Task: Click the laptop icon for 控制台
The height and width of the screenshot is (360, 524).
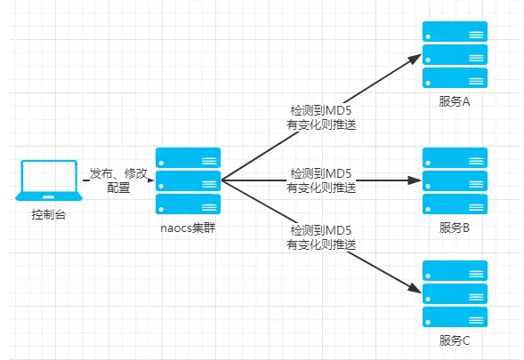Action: pos(49,180)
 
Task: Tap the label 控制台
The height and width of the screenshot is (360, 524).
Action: pos(49,214)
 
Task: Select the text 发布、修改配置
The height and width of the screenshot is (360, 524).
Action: pos(118,180)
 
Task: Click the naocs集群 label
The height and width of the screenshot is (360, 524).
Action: pos(188,228)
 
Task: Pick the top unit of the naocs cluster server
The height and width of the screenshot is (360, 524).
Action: pos(188,157)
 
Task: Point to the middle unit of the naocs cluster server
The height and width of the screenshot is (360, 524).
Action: pos(188,180)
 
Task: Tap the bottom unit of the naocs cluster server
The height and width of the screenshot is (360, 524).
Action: pos(188,204)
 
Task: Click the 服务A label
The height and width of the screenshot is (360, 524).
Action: pos(455,101)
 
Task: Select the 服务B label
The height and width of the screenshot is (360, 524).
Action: pos(455,228)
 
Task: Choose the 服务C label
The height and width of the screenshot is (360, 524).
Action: pos(455,340)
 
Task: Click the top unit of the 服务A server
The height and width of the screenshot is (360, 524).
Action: pos(455,31)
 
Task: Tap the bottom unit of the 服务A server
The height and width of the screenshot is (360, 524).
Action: pos(455,78)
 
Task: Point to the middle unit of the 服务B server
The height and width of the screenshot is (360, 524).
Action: pos(455,180)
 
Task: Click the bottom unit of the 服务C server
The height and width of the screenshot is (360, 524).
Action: pos(455,317)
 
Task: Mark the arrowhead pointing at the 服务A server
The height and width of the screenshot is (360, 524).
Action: pos(415,59)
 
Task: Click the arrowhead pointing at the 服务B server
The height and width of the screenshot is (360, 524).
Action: pos(415,180)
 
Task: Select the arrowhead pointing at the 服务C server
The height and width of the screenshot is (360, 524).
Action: pos(415,289)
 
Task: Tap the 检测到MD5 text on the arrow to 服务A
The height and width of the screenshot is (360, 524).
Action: pos(321,110)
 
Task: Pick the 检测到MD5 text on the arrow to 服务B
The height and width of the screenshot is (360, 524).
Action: pos(321,173)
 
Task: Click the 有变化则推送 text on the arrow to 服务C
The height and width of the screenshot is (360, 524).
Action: pos(321,244)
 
